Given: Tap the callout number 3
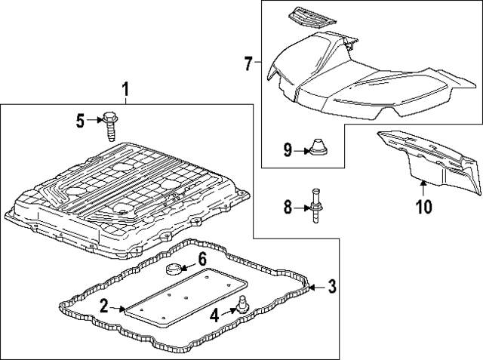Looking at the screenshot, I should pyautogui.click(x=331, y=286).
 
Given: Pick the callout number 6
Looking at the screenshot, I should pyautogui.click(x=202, y=259).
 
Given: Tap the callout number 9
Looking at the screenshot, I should pyautogui.click(x=288, y=150).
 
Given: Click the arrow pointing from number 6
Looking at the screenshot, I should pyautogui.click(x=190, y=261).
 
